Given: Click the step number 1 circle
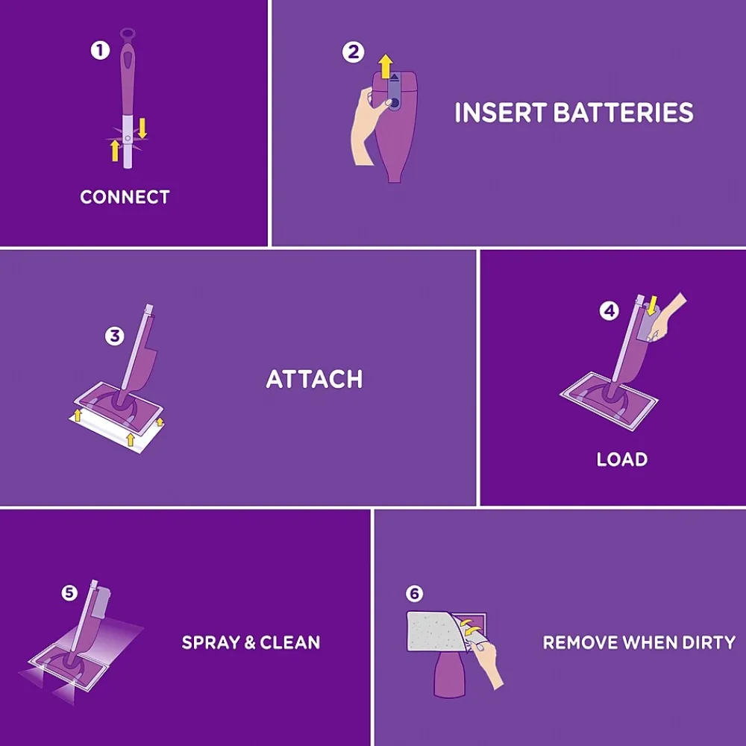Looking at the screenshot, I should click(x=99, y=51).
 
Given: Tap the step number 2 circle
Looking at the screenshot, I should click(x=353, y=53).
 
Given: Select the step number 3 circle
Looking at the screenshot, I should click(x=114, y=336).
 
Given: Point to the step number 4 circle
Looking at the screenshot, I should click(x=609, y=311).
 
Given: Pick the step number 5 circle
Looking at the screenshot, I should click(x=69, y=592).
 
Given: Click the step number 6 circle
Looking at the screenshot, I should click(x=414, y=594).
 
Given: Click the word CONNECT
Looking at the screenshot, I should click(x=125, y=197).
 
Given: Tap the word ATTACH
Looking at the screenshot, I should click(x=314, y=379).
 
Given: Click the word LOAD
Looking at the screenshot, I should click(x=621, y=460).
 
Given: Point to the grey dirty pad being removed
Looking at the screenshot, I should click(x=433, y=634).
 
